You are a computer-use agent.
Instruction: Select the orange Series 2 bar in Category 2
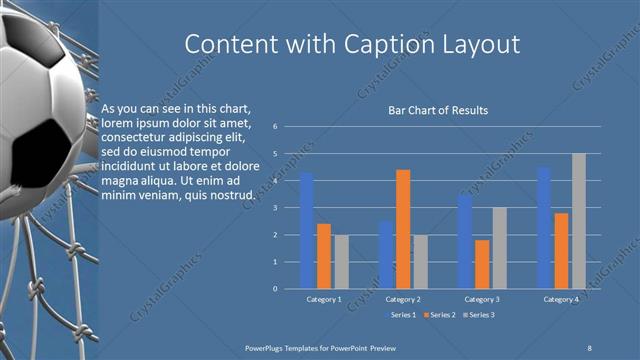click(x=403, y=229)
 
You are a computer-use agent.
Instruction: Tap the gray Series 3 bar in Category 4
click(x=578, y=221)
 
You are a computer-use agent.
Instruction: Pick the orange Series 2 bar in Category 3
click(x=482, y=264)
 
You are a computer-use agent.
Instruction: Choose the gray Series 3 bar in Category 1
click(x=341, y=262)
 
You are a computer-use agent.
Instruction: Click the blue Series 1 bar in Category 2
click(x=386, y=255)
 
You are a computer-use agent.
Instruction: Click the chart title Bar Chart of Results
click(x=438, y=110)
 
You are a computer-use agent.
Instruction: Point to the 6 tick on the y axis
click(x=288, y=127)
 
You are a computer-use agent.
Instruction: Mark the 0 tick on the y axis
click(x=288, y=289)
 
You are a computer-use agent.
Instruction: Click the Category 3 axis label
click(x=482, y=299)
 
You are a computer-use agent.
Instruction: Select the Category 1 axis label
click(x=324, y=299)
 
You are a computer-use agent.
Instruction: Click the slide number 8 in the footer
click(x=589, y=346)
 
